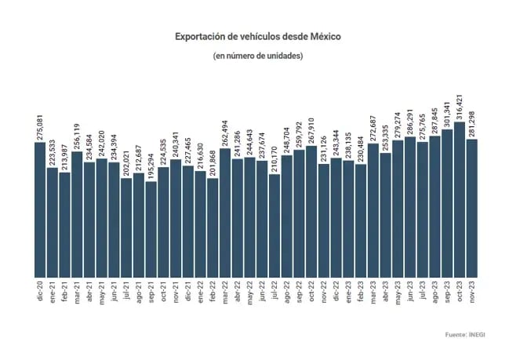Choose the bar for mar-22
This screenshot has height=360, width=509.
[x=225, y=213]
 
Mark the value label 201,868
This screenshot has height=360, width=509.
[x=213, y=161]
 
